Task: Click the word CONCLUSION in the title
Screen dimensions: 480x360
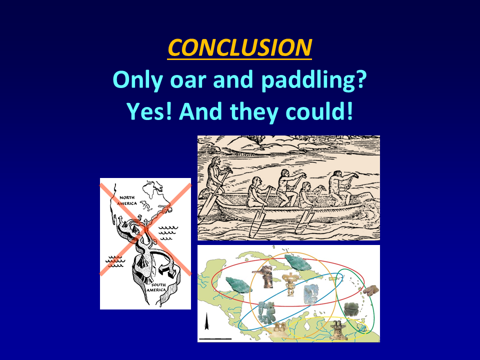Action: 239,47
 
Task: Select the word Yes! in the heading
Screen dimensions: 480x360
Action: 149,111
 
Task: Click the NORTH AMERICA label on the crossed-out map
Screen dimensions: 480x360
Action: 126,200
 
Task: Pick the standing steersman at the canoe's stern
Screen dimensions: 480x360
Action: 216,176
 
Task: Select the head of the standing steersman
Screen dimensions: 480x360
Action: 215,161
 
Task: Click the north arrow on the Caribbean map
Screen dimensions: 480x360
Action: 207,321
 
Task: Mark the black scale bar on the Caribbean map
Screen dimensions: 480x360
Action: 215,338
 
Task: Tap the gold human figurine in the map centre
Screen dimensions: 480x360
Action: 289,284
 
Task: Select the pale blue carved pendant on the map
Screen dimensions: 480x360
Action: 311,294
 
